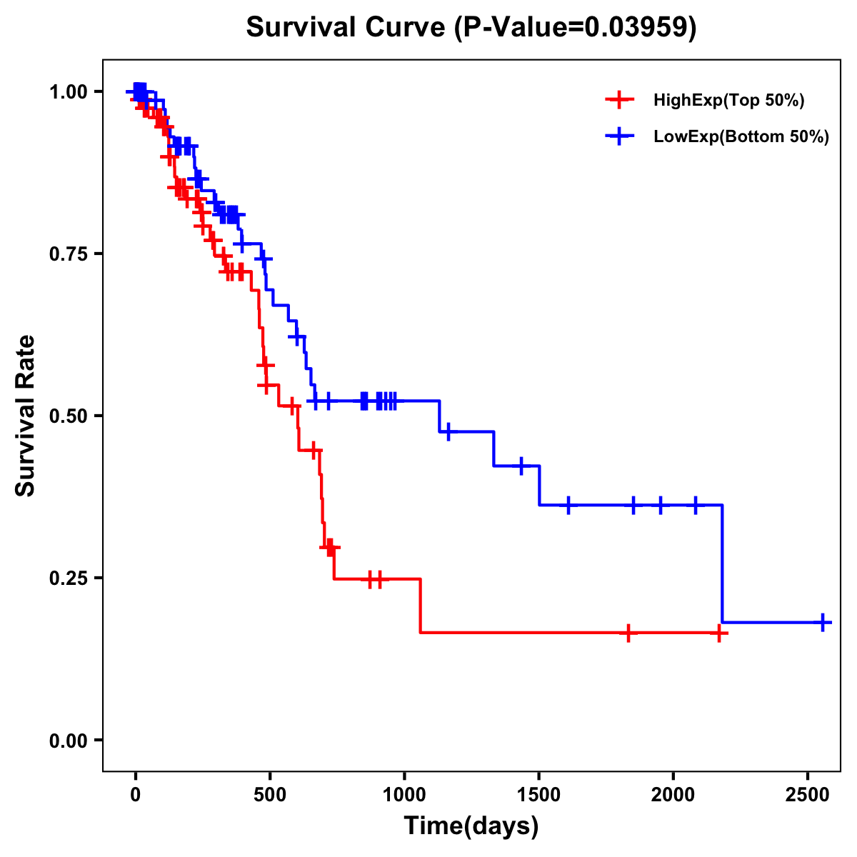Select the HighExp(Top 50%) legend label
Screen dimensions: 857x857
point(728,101)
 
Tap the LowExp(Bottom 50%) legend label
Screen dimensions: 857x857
point(741,137)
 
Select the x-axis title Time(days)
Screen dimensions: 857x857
point(471,826)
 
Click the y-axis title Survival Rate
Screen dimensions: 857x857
point(26,416)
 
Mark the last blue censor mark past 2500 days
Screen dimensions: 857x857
point(823,623)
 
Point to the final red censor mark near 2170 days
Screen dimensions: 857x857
point(719,633)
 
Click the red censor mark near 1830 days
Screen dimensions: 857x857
point(628,633)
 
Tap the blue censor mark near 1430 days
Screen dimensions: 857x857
point(521,466)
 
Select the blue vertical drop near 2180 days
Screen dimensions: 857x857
point(722,564)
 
